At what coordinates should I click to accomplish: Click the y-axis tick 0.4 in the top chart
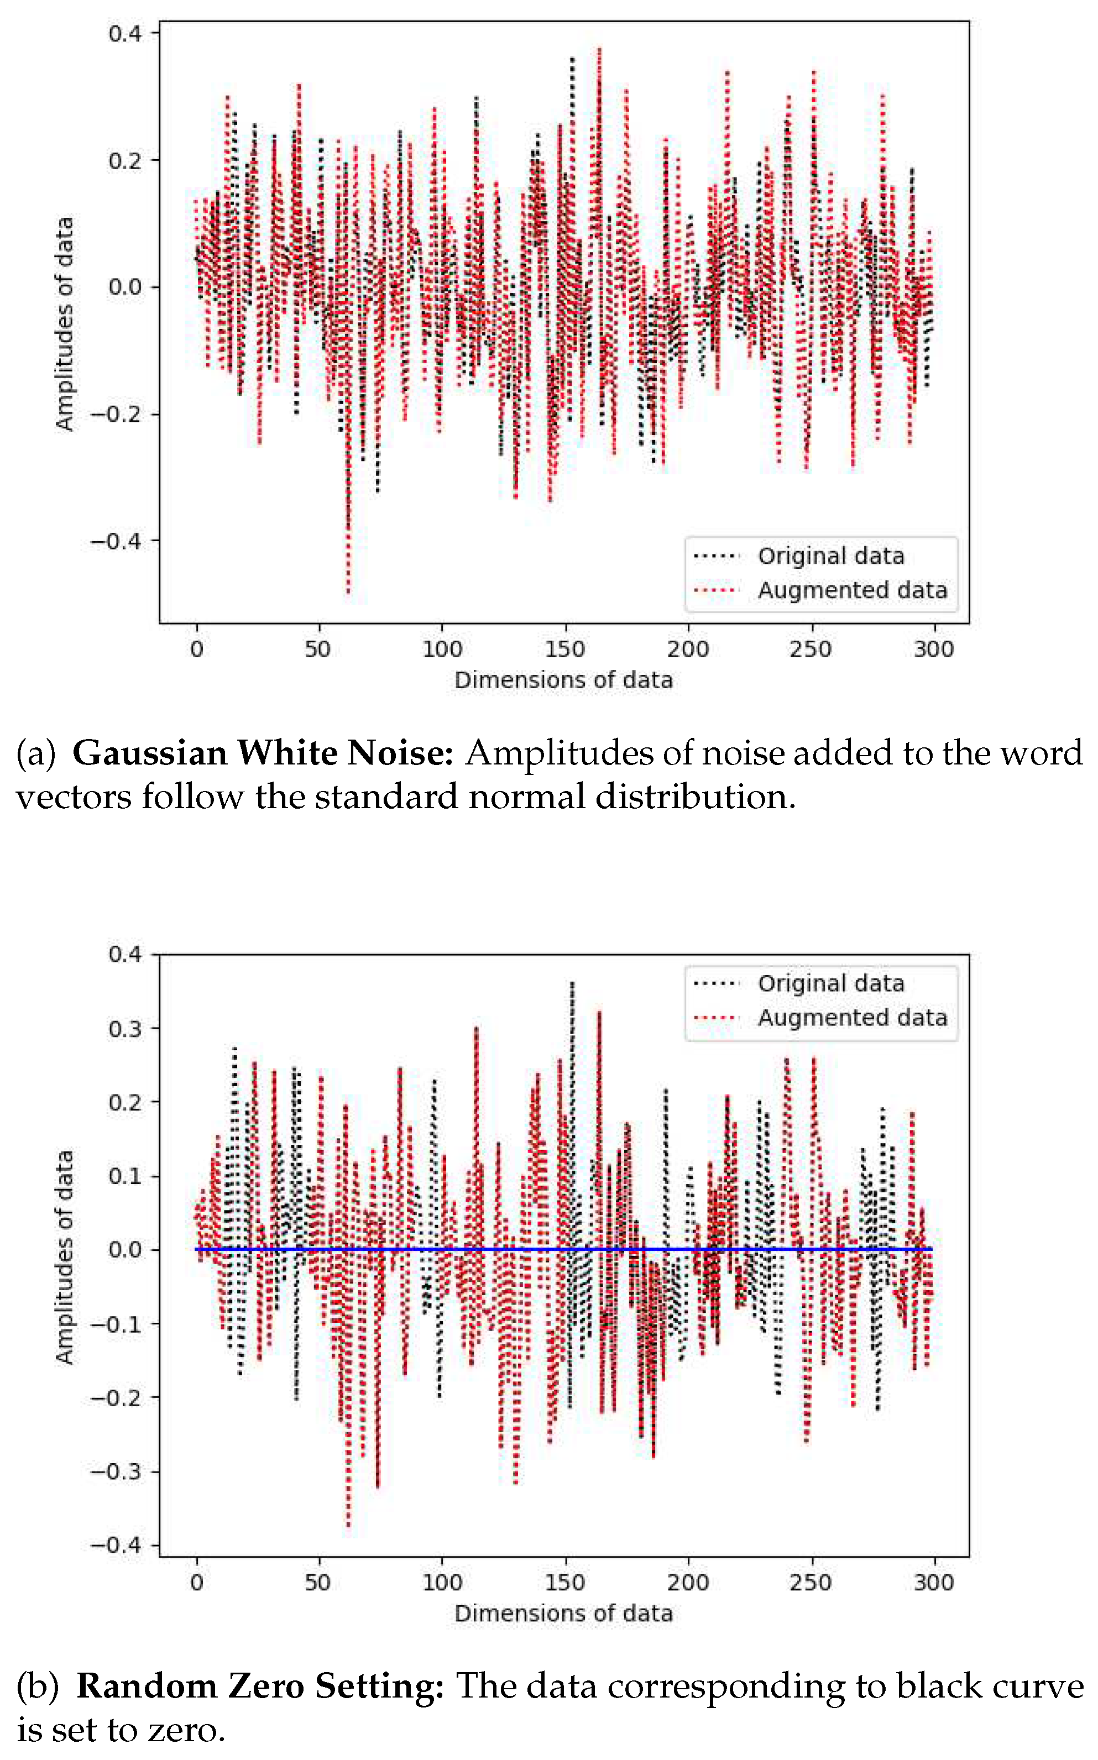[x=124, y=33]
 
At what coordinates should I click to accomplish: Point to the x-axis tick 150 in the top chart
[x=564, y=648]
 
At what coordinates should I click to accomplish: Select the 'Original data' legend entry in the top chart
[x=831, y=556]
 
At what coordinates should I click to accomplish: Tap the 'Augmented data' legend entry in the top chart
[x=852, y=590]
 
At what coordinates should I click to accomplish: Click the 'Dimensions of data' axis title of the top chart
[x=563, y=680]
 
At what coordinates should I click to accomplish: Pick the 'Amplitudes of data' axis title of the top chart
[x=65, y=324]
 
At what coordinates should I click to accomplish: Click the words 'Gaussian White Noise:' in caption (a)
[x=263, y=753]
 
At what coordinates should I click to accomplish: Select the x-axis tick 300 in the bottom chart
[x=933, y=1582]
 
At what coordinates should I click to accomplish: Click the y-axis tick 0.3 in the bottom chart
[x=124, y=1029]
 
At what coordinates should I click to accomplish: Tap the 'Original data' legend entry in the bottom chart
[x=831, y=983]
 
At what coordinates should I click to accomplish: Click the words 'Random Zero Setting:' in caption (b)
[x=260, y=1686]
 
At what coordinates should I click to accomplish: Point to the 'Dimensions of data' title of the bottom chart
[x=563, y=1614]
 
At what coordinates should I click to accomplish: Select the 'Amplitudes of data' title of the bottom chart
[x=65, y=1257]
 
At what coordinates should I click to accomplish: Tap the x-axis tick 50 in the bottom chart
[x=318, y=1582]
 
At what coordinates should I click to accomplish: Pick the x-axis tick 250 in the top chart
[x=811, y=648]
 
